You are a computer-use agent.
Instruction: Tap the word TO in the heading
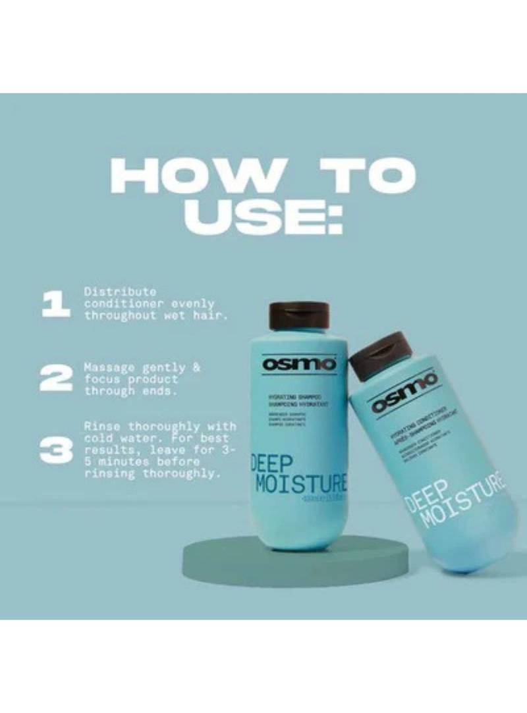coord(365,175)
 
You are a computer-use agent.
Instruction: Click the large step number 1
coord(55,304)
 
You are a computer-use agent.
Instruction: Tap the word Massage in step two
coord(108,367)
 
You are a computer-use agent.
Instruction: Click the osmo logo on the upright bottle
coord(299,363)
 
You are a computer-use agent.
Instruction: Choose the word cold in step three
coord(99,438)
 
